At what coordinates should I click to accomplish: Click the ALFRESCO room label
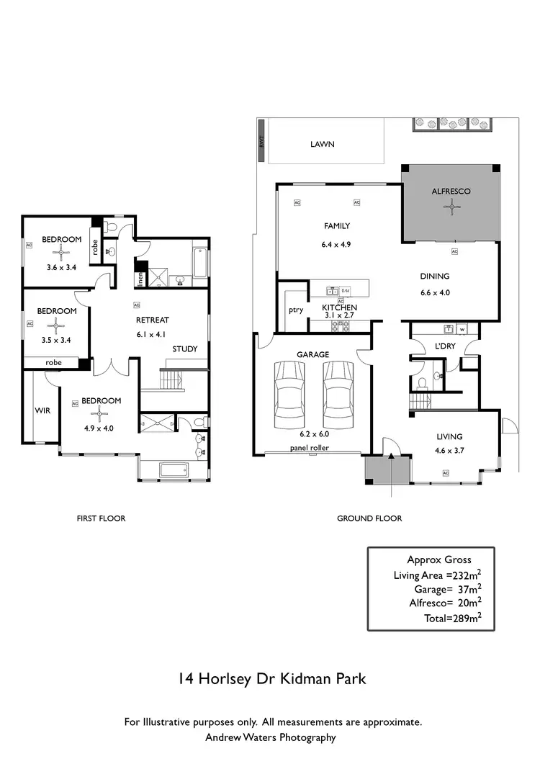(451, 192)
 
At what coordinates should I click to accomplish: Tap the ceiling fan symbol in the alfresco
(451, 208)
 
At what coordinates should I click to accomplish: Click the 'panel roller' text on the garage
(310, 448)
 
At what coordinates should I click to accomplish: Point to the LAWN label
(322, 144)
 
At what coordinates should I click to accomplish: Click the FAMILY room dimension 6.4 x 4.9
(336, 245)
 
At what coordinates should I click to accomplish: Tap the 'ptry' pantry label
(294, 310)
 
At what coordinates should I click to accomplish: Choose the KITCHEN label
(339, 307)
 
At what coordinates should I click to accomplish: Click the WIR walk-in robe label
(42, 410)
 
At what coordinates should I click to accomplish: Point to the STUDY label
(184, 349)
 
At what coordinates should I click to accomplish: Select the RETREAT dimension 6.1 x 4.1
(152, 334)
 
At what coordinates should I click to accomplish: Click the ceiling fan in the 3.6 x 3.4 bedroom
(62, 252)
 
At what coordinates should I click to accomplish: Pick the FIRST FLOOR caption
(101, 518)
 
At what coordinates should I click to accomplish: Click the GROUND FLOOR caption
(369, 518)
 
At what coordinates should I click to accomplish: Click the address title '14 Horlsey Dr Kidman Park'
(272, 678)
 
